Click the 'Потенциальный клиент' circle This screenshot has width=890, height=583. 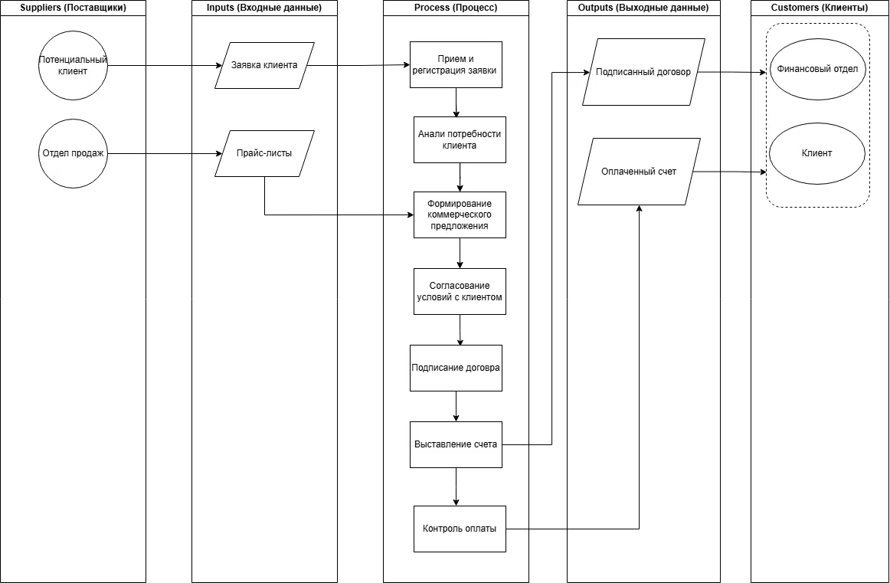click(x=73, y=65)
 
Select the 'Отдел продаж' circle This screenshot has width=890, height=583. click(x=73, y=153)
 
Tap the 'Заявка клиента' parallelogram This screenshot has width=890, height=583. click(x=264, y=65)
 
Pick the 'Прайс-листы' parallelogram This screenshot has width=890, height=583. click(x=264, y=153)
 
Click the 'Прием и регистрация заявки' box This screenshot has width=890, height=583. click(x=456, y=65)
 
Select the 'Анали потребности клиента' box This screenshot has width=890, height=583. click(x=460, y=139)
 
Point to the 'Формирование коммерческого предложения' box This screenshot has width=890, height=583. click(x=460, y=215)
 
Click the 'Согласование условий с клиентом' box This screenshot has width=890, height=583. click(x=460, y=291)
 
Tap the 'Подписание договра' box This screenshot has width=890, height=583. click(x=456, y=368)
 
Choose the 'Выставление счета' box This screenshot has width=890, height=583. click(x=456, y=444)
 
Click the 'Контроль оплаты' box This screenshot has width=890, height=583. click(x=460, y=529)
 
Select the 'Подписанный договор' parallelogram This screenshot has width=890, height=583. click(x=643, y=72)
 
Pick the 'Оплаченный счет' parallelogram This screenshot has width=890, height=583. click(x=639, y=172)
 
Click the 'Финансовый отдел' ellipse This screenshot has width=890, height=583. click(x=816, y=69)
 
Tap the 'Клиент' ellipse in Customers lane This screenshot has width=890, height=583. click(x=816, y=153)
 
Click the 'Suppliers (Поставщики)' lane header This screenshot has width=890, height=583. click(x=73, y=8)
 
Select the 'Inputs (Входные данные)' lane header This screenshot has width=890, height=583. click(x=264, y=8)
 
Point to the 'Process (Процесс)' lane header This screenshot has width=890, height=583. click(x=456, y=8)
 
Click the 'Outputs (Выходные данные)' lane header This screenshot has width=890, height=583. click(x=643, y=8)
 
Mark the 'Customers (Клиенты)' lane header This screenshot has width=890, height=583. click(x=820, y=8)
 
